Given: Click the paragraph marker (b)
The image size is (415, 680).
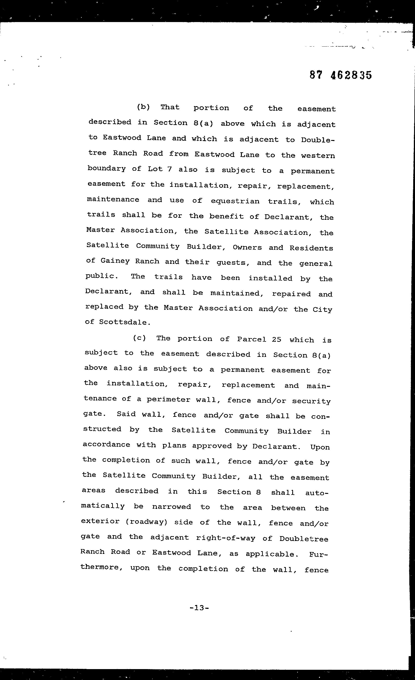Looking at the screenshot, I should pos(143,107).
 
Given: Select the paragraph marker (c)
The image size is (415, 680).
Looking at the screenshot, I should pos(139,338).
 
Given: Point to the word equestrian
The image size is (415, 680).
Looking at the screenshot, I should pos(235,201).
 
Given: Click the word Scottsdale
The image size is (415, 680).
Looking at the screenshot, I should pos(125,322).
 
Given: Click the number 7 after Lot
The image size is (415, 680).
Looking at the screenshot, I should pos(169,169).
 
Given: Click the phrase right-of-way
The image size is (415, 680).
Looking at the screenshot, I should pos(225,538).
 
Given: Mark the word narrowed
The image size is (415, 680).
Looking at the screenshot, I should pos(171,506).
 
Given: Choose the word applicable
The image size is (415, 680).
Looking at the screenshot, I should pos(270,554).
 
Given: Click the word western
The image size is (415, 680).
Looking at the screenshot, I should pos(318,156).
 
